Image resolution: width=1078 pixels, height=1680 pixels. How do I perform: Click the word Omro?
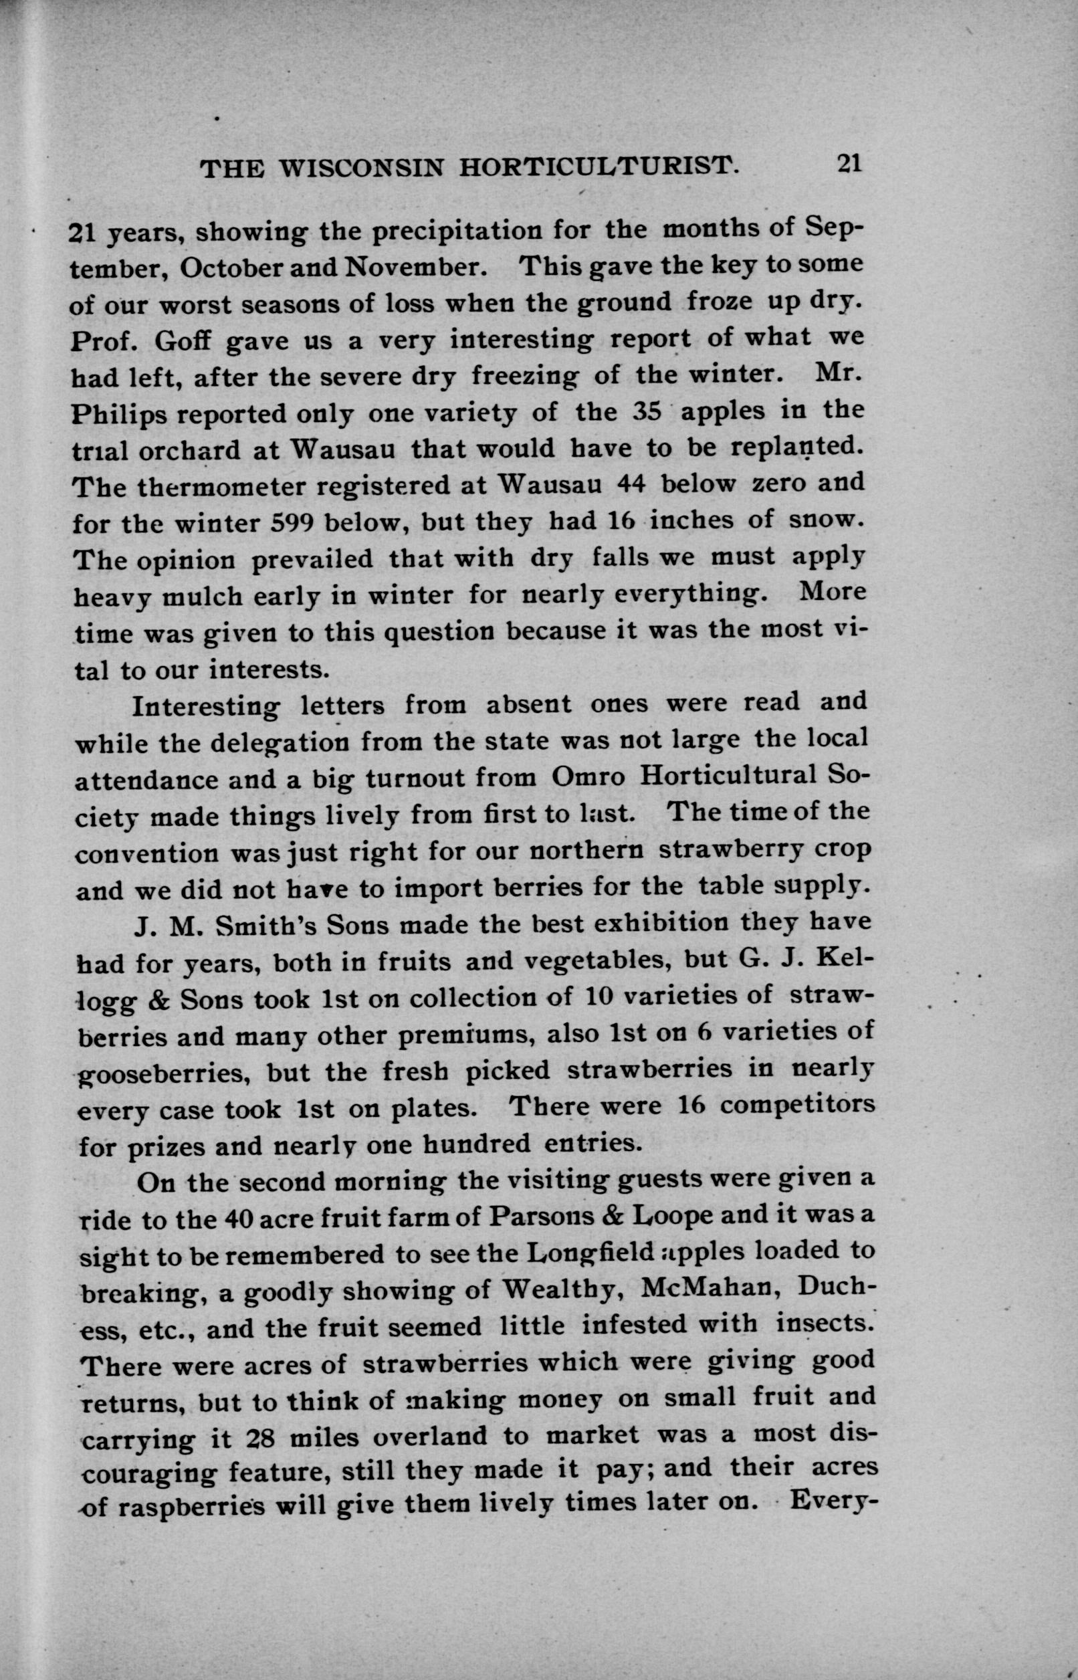click(x=586, y=776)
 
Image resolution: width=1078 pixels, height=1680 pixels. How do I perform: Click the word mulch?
click(x=203, y=599)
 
